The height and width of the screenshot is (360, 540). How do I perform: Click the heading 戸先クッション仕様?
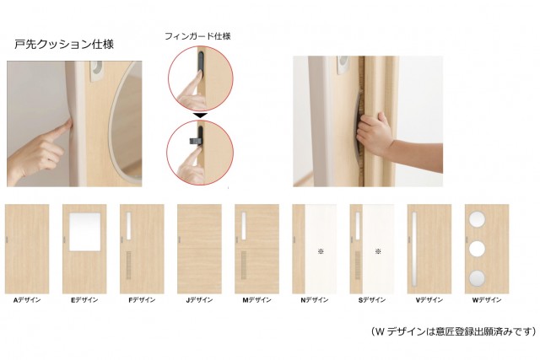point(64,45)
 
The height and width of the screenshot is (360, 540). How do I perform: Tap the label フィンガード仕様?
point(197,36)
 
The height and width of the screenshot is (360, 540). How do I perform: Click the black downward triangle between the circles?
point(200,116)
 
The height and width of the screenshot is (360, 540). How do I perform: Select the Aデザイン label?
point(27,300)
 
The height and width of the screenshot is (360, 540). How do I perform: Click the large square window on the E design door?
point(85,232)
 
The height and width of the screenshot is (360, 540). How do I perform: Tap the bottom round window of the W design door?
point(478,278)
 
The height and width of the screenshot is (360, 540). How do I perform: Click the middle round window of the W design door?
point(478,248)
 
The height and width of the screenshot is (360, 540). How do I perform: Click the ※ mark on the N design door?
point(321,251)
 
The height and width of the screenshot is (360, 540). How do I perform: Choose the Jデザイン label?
point(199,300)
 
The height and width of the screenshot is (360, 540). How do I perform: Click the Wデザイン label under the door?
point(487,300)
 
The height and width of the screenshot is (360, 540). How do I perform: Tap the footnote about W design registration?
point(453,331)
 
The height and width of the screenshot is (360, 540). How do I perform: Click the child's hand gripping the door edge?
point(375,132)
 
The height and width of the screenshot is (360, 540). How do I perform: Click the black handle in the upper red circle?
point(201,62)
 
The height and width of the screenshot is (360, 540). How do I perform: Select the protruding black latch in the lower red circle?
point(194,141)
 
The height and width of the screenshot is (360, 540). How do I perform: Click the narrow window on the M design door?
point(244,226)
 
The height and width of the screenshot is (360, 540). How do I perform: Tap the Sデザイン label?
point(372,300)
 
